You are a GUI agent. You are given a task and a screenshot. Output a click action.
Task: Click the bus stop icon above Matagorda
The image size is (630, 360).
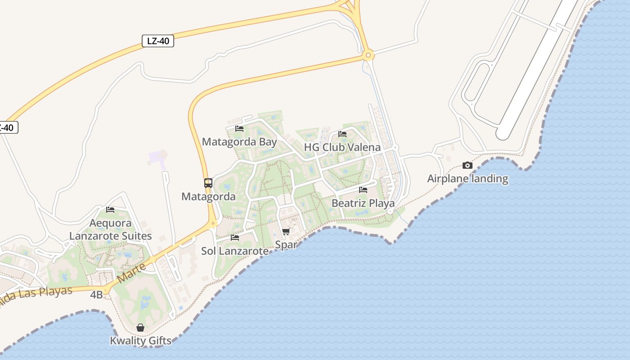208,183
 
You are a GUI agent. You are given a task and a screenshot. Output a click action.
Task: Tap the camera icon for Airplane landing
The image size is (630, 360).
468,165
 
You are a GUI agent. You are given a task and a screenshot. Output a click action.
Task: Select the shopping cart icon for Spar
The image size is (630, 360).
286,232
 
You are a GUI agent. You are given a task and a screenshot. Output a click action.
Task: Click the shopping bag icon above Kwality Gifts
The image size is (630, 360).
140,328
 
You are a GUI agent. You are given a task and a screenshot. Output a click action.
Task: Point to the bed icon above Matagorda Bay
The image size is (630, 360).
239,129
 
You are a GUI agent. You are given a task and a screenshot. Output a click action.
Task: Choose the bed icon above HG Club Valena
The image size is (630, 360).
342,134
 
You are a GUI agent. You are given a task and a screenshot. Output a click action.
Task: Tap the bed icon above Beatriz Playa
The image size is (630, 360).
363,190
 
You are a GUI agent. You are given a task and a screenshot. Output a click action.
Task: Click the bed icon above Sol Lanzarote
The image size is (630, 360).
235,238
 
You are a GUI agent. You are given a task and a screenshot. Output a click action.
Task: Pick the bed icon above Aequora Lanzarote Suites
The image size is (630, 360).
110,210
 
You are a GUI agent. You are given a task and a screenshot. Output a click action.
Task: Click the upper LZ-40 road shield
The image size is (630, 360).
158,41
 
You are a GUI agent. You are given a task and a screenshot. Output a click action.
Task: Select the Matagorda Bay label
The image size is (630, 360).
239,142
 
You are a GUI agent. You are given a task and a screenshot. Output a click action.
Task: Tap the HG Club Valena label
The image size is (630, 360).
342,147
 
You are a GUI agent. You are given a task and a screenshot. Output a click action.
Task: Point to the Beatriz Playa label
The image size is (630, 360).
363,203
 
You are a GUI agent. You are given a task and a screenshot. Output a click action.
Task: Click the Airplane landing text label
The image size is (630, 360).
468,179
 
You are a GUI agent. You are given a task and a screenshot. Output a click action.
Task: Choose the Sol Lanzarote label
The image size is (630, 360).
235,251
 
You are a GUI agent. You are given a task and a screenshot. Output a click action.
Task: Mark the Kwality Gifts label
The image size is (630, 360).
141,341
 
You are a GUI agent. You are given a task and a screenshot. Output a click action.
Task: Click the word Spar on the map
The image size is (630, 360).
286,245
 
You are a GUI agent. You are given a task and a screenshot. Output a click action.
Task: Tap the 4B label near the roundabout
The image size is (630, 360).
96,295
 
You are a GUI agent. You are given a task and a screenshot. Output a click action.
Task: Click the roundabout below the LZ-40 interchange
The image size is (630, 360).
369,56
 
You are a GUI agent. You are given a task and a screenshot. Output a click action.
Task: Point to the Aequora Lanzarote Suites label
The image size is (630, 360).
111,229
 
